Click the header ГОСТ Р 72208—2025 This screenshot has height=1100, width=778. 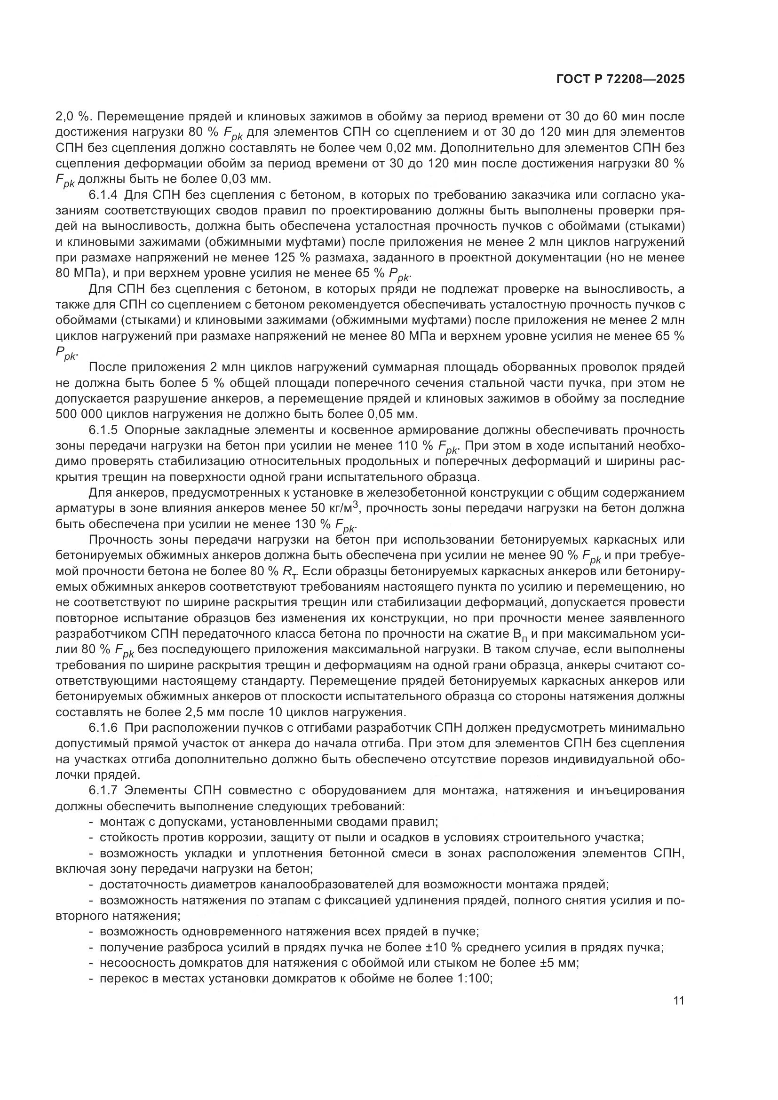pyautogui.click(x=620, y=80)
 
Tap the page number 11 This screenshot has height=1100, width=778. pyautogui.click(x=678, y=1000)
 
